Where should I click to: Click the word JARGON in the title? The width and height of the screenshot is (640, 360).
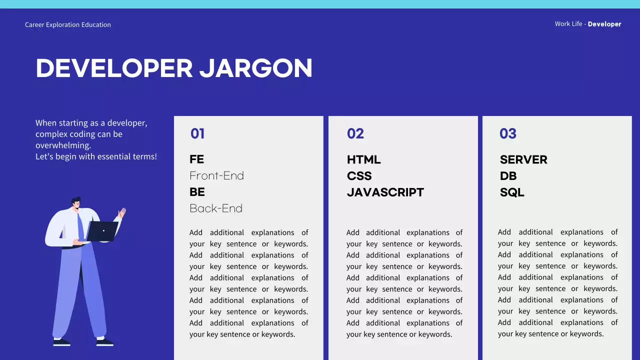256,68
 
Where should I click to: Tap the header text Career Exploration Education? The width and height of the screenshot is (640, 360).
68,24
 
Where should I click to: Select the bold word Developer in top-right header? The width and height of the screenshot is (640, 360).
604,24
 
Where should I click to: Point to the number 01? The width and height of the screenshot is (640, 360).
197,133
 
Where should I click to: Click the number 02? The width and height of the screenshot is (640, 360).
355,133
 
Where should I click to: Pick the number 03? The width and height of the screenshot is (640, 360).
508,133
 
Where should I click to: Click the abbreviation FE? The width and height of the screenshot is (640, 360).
197,159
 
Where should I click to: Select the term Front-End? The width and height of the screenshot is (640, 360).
216,175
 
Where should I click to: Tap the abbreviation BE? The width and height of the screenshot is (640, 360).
197,192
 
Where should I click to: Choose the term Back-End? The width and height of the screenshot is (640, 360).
216,208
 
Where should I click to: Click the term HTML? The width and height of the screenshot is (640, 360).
363,159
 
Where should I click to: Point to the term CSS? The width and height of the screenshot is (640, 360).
359,176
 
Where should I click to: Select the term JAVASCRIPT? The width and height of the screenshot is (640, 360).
385,192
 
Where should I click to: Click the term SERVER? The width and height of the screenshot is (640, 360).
523,159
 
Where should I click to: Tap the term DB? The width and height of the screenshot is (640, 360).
508,176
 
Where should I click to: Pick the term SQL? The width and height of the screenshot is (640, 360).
512,192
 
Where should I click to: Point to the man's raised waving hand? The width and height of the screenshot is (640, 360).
121,213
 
